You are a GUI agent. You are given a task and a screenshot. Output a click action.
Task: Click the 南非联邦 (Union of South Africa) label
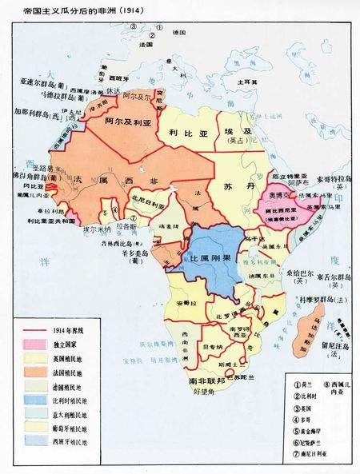click(206, 380)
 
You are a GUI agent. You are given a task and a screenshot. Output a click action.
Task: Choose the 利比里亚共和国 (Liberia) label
click(41, 217)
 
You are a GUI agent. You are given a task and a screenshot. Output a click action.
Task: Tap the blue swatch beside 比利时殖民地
click(25, 399)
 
